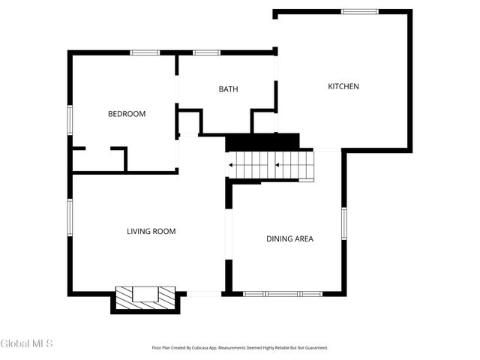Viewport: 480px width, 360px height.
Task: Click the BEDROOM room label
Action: tap(127, 114)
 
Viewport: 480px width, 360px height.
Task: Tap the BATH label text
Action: tap(228, 89)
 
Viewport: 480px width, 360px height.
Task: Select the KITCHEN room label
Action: tap(343, 86)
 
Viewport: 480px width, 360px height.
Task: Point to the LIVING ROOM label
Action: tap(151, 231)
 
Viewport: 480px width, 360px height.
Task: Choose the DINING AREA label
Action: tap(289, 238)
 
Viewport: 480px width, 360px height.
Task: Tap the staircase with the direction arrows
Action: tap(271, 165)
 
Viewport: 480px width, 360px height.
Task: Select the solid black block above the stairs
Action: tap(262, 142)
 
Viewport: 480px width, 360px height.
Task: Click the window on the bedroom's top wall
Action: tap(145, 52)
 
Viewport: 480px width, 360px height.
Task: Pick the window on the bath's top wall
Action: tap(206, 52)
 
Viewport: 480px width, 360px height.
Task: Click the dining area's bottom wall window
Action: tap(282, 293)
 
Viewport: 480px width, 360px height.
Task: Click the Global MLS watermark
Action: tap(27, 344)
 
